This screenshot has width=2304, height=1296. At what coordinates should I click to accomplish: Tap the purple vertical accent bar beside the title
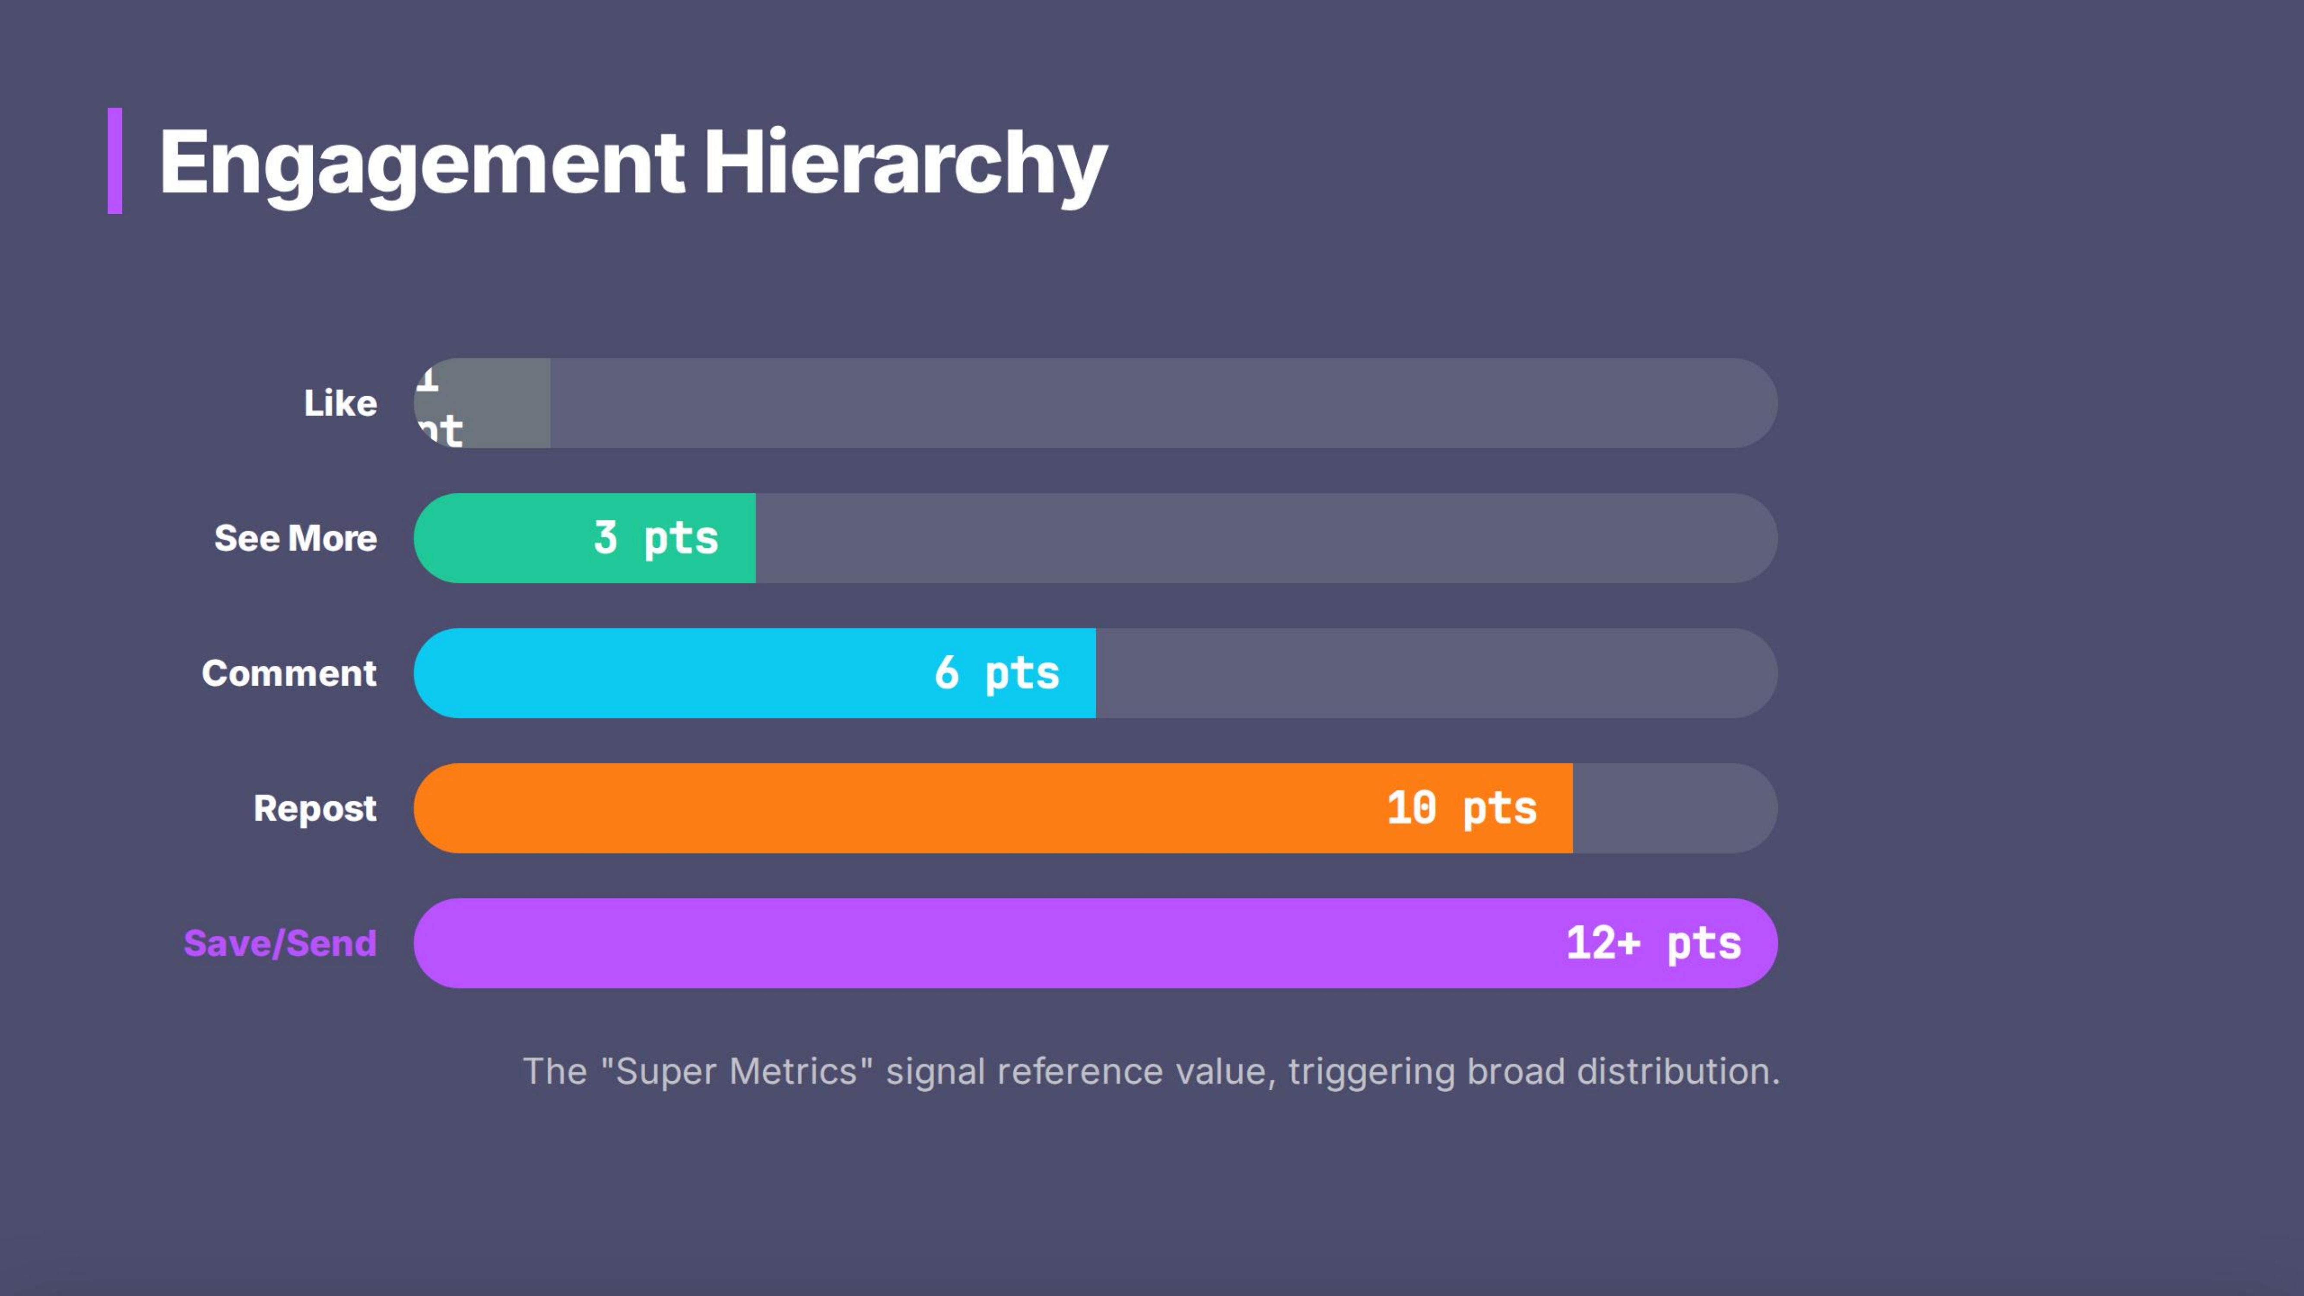click(114, 161)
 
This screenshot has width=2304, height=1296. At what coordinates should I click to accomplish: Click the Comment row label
click(289, 673)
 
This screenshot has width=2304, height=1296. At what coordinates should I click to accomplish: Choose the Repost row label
click(315, 809)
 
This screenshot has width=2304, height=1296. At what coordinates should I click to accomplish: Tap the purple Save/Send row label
click(280, 943)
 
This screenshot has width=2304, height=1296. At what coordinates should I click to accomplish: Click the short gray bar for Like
click(501, 403)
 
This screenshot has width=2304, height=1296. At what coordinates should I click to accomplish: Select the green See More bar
click(501, 538)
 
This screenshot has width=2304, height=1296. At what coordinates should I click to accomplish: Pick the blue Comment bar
click(671, 673)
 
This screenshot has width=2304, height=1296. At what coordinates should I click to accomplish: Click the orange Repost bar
click(895, 809)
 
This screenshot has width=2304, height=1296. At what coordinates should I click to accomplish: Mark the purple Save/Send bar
click(984, 943)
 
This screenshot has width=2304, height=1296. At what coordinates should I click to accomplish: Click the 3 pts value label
click(656, 538)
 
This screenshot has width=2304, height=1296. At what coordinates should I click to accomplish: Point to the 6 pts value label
click(996, 673)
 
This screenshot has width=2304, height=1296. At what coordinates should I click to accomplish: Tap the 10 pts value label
click(1461, 809)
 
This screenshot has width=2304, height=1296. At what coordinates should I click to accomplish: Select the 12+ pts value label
click(1653, 943)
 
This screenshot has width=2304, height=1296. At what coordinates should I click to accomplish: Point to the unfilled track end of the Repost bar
click(1672, 809)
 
